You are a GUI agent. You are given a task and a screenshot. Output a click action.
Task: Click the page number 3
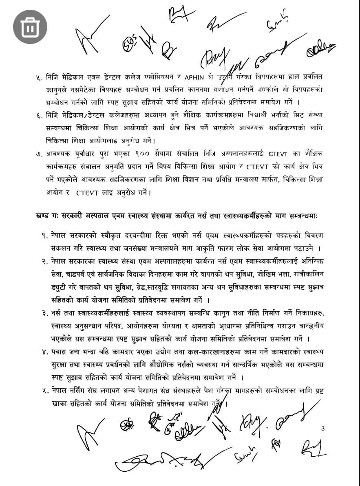323,428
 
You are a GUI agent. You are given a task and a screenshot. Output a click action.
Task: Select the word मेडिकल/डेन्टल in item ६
91,116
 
